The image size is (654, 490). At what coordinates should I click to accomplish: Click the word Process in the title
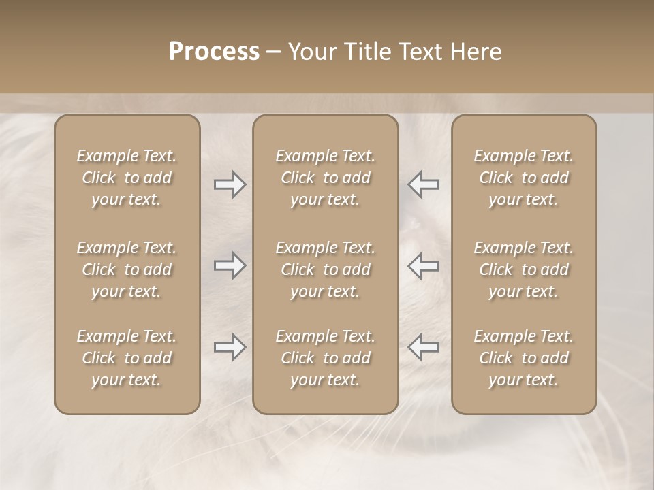(x=214, y=52)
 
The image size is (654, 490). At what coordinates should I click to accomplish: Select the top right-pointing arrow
(x=230, y=184)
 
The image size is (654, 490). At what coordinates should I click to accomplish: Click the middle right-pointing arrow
(x=230, y=265)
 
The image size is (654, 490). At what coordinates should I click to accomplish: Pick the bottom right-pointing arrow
(x=230, y=347)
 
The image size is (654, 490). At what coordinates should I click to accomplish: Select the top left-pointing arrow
(x=424, y=184)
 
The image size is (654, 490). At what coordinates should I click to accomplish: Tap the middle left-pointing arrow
(x=424, y=265)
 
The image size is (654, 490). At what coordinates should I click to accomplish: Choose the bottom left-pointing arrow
(x=424, y=347)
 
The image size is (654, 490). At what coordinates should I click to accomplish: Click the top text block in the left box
(x=127, y=178)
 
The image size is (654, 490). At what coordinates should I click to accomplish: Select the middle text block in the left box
(x=127, y=269)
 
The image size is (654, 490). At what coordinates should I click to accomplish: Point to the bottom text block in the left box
(x=127, y=358)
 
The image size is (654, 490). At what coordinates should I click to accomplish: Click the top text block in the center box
(x=325, y=178)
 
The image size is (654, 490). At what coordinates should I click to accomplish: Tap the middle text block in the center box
(x=325, y=269)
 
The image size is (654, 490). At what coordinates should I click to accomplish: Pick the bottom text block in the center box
(x=325, y=358)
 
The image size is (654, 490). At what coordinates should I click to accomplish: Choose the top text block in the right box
(x=523, y=178)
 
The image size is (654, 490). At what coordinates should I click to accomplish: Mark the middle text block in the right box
(x=523, y=269)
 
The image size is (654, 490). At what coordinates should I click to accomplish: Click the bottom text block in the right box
(x=523, y=358)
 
